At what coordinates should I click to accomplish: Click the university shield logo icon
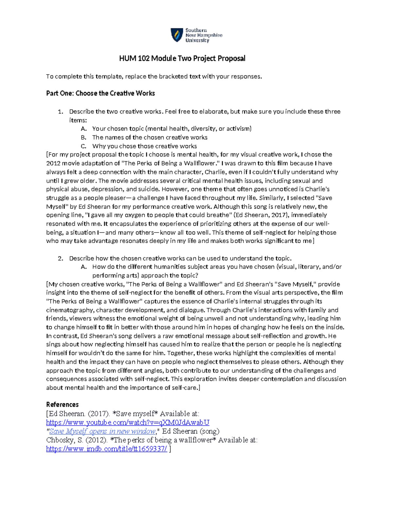pos(177,35)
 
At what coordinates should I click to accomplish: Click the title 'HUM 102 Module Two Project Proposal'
pos(182,59)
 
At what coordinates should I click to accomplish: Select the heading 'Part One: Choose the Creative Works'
pos(100,93)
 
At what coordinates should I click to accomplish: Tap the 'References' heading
pos(62,404)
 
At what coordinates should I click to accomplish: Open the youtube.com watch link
pos(127,422)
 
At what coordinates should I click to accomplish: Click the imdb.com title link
pos(106,449)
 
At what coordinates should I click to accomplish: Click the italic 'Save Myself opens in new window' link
pos(102,431)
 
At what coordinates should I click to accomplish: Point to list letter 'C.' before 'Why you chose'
pos(84,146)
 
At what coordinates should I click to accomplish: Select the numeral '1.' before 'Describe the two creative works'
pos(60,112)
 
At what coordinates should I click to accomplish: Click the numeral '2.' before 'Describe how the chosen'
pos(60,258)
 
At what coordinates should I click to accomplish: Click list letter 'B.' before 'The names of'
pos(84,137)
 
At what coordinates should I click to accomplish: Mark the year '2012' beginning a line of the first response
pos(53,163)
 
